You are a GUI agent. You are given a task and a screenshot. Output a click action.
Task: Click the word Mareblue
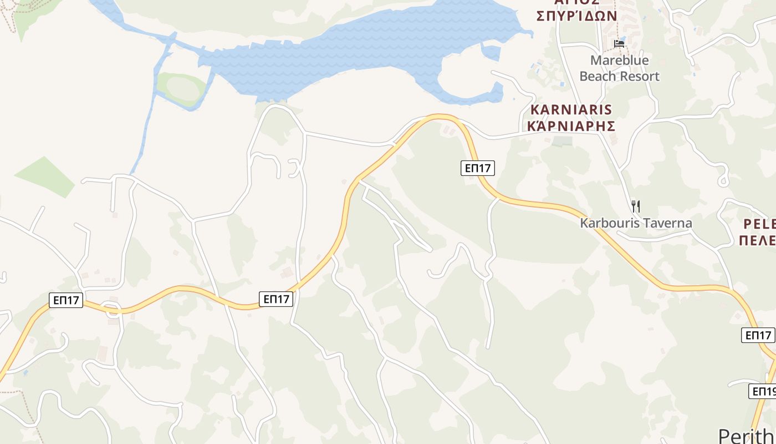[619, 60]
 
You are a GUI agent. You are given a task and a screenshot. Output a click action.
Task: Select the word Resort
[641, 76]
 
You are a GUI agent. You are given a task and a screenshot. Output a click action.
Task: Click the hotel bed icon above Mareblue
[619, 43]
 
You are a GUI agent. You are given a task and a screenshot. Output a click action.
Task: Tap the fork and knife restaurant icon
[635, 206]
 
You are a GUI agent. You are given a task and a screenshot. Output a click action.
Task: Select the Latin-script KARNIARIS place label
[571, 109]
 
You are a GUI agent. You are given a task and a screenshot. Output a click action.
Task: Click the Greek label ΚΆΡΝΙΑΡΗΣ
[571, 125]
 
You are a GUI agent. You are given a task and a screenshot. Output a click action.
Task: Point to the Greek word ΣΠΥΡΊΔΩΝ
[577, 15]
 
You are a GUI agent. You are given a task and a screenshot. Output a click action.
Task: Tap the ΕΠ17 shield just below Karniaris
[477, 168]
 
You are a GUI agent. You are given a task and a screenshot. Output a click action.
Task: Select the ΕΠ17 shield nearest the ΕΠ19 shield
[758, 335]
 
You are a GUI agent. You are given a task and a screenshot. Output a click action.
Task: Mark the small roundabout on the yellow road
[113, 310]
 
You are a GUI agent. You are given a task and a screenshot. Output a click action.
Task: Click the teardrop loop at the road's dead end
[723, 181]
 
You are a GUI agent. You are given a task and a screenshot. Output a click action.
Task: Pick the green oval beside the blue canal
[181, 88]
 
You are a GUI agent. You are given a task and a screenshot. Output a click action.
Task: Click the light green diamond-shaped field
[45, 176]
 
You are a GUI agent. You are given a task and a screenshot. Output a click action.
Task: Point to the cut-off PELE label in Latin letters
[758, 224]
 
